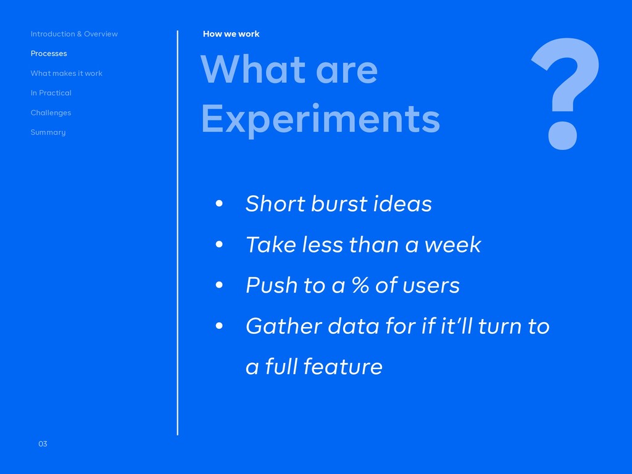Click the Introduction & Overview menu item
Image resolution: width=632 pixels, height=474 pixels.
pyautogui.click(x=74, y=34)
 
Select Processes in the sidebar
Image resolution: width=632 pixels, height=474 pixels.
pyautogui.click(x=49, y=54)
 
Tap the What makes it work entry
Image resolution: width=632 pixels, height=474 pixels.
pyautogui.click(x=67, y=73)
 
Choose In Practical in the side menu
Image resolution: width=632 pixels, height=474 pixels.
pyautogui.click(x=51, y=93)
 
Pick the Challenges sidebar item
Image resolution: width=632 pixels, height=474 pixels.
pyautogui.click(x=51, y=112)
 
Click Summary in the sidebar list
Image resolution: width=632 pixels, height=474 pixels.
pyautogui.click(x=48, y=132)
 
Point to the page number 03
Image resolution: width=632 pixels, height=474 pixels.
pyautogui.click(x=43, y=444)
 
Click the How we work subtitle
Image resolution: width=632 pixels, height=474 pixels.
pyautogui.click(x=231, y=34)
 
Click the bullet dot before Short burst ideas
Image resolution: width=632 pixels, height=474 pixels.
pyautogui.click(x=219, y=204)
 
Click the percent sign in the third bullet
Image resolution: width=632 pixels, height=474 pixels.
pyautogui.click(x=360, y=285)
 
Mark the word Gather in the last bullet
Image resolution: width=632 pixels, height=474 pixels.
pyautogui.click(x=283, y=326)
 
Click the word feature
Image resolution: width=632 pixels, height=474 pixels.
pyautogui.click(x=343, y=367)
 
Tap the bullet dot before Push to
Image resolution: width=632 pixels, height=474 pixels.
pyautogui.click(x=219, y=285)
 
